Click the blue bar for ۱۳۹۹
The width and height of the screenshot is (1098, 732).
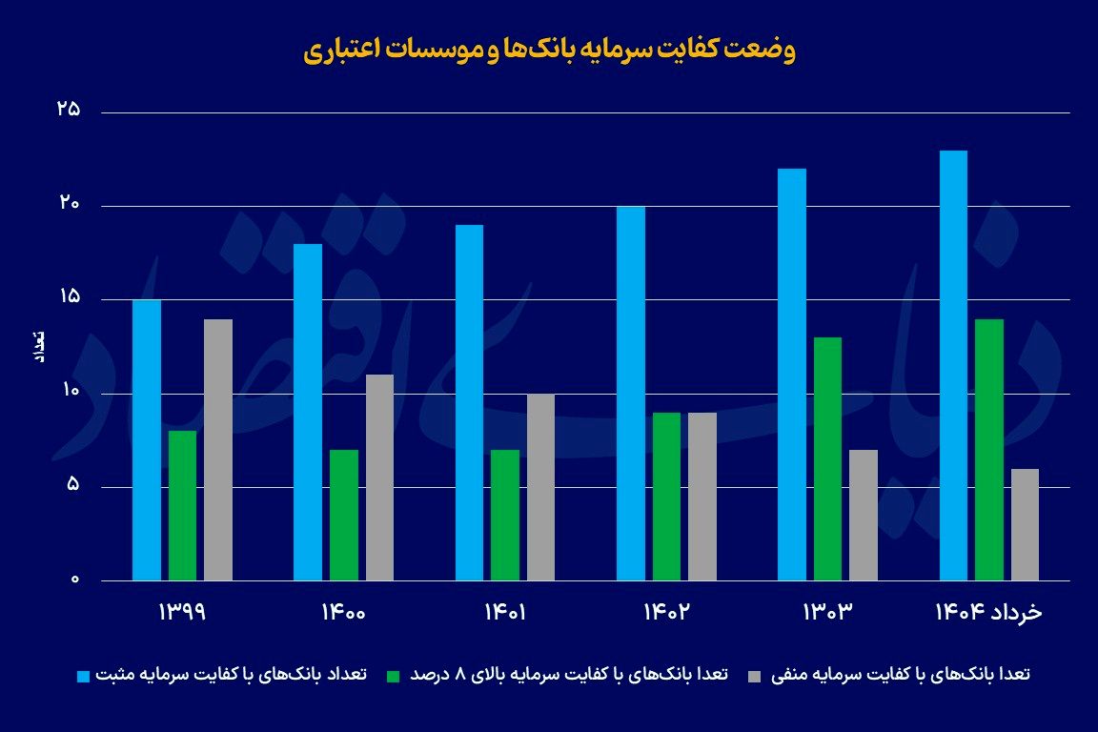pyautogui.click(x=147, y=439)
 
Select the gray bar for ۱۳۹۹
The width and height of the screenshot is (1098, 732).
pyautogui.click(x=218, y=449)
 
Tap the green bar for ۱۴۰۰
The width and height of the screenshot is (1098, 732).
pyautogui.click(x=344, y=515)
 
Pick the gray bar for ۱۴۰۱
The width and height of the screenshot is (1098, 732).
pyautogui.click(x=540, y=487)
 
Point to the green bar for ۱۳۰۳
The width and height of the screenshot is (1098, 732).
pyautogui.click(x=828, y=458)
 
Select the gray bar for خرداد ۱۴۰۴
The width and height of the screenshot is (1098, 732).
pyautogui.click(x=1026, y=524)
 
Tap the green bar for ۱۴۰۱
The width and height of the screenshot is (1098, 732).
pyautogui.click(x=505, y=515)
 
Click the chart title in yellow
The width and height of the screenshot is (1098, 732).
pyautogui.click(x=549, y=51)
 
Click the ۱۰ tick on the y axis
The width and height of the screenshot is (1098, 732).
pyautogui.click(x=69, y=394)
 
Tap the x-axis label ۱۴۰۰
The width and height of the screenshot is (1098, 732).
pyautogui.click(x=343, y=611)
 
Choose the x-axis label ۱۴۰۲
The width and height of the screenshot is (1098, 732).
pyautogui.click(x=666, y=611)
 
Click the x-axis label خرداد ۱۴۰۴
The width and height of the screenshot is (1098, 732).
pyautogui.click(x=988, y=611)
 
